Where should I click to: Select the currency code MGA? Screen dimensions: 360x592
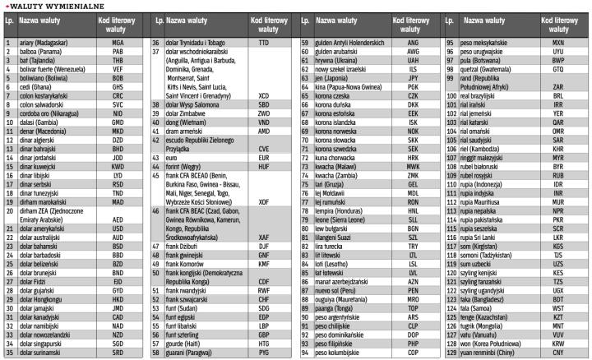point(118,41)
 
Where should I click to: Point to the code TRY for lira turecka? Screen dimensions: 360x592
point(413,245)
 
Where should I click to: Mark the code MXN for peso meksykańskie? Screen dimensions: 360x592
point(557,41)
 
